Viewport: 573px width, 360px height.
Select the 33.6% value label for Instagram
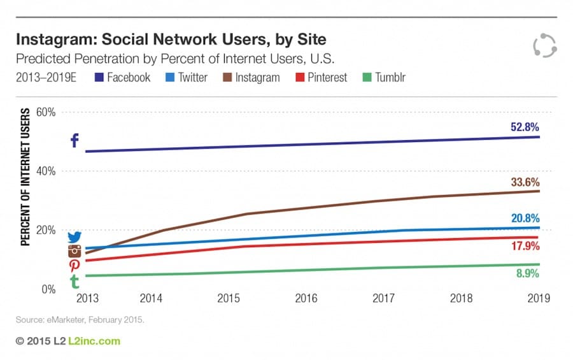[525, 183]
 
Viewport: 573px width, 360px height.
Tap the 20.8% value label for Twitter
[525, 219]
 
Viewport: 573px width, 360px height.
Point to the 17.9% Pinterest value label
[525, 246]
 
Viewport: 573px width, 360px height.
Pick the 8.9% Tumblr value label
[527, 274]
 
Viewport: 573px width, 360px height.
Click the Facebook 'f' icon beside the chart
[74, 140]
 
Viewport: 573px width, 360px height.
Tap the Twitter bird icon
[75, 237]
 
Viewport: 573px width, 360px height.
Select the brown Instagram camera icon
[75, 251]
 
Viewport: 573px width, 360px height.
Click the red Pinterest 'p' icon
[74, 266]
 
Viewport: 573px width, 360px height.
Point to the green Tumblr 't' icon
[75, 282]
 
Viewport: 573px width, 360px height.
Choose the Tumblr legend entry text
[390, 78]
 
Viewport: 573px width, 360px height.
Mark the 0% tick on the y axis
[49, 289]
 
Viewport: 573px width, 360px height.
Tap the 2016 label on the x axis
[306, 298]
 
